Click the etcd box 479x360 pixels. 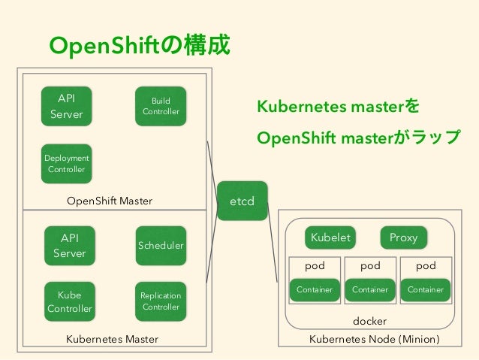point(242,201)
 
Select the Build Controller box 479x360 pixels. point(161,106)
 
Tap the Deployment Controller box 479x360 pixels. point(67,163)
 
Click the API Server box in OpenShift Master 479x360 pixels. point(67,106)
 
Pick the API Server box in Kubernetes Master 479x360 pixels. point(69,246)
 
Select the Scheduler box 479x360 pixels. point(161,246)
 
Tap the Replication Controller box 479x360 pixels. point(161,301)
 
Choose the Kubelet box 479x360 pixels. point(330,237)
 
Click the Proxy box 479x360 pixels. point(403,237)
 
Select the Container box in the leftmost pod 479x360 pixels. point(315,289)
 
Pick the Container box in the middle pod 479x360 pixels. point(370,289)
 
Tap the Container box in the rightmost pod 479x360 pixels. point(425,289)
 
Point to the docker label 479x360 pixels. point(369,321)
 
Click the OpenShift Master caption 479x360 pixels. point(110,201)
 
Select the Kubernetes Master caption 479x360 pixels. point(113,339)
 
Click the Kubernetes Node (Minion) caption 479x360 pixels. point(374,339)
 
